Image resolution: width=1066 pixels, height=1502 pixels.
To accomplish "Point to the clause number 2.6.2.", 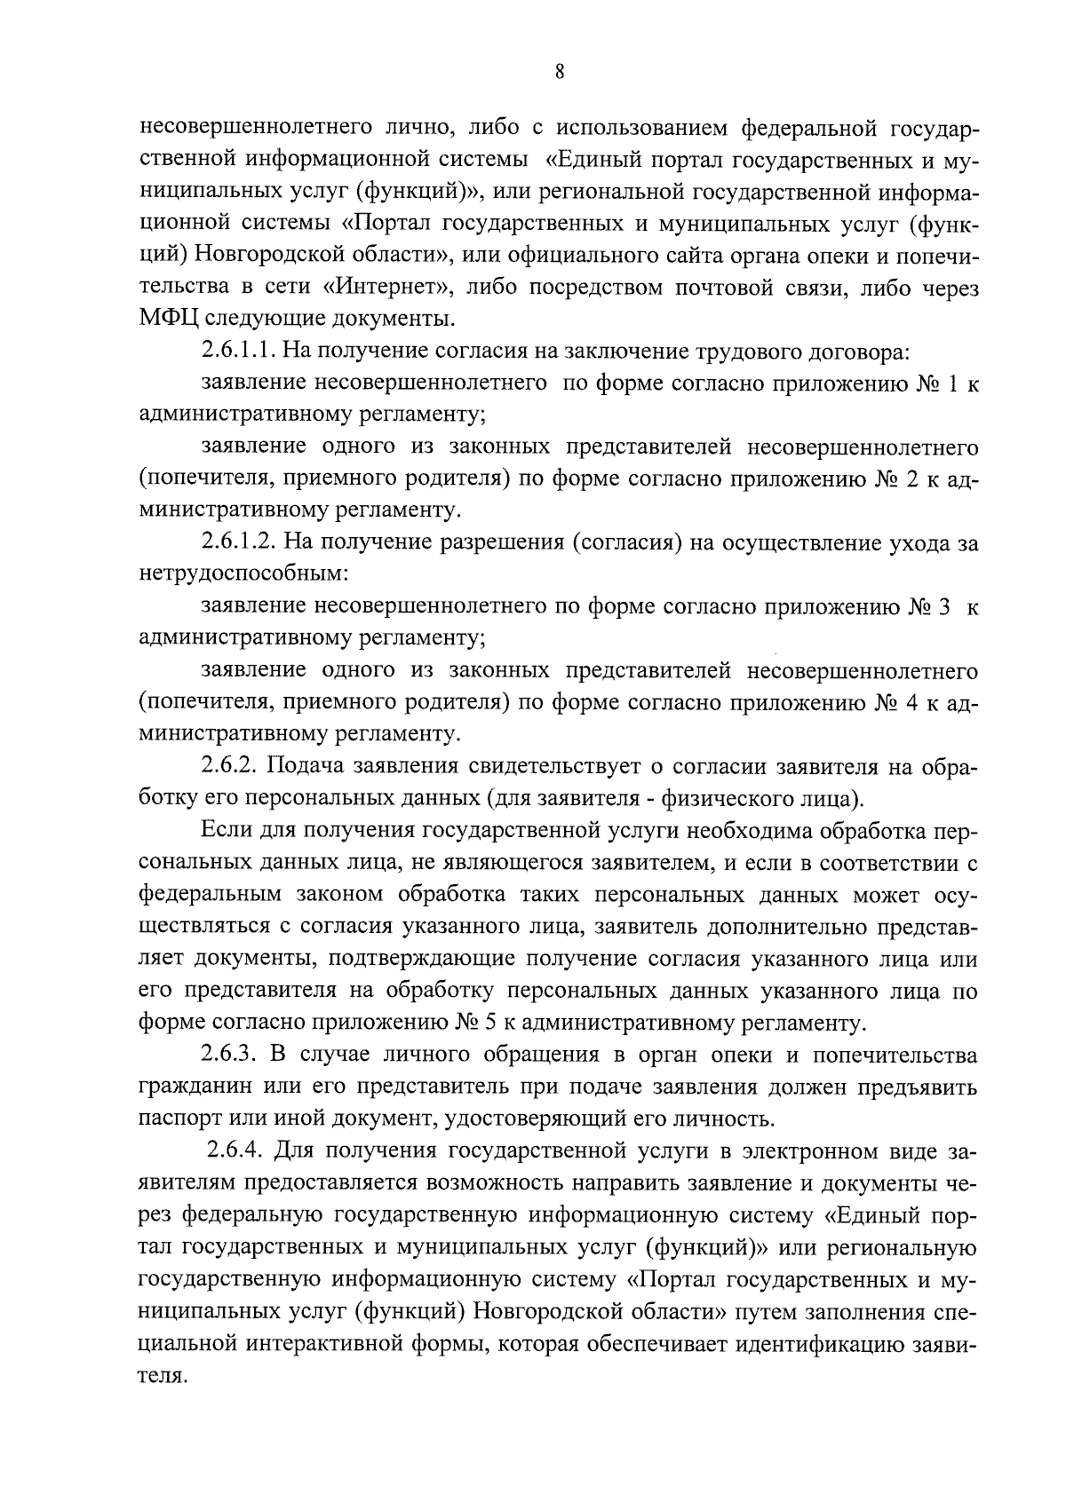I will [229, 766].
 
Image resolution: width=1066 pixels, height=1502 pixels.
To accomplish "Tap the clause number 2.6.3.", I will [229, 1055].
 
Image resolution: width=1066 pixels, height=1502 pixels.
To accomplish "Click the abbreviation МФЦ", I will [163, 319].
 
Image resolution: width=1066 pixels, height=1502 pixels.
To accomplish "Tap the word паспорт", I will [177, 1119].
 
